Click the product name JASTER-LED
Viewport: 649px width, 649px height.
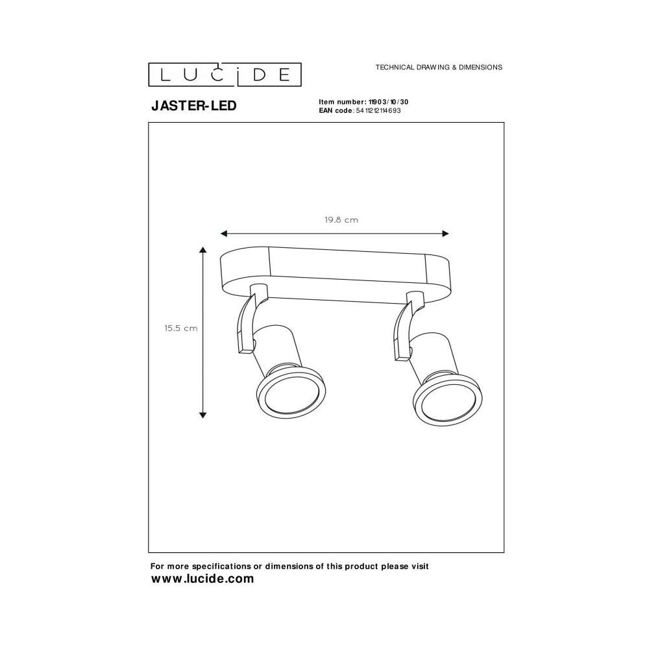tap(193, 106)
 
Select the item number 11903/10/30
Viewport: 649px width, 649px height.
tap(388, 102)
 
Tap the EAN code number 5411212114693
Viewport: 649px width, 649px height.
tap(378, 110)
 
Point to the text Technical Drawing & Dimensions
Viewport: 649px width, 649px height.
tap(439, 67)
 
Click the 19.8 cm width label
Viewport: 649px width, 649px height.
tap(341, 220)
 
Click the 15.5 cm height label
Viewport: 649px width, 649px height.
tap(181, 328)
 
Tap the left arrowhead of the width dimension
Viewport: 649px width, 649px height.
tap(224, 234)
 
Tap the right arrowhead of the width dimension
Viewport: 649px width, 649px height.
tap(445, 234)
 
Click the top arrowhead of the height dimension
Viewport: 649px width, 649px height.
tap(202, 250)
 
